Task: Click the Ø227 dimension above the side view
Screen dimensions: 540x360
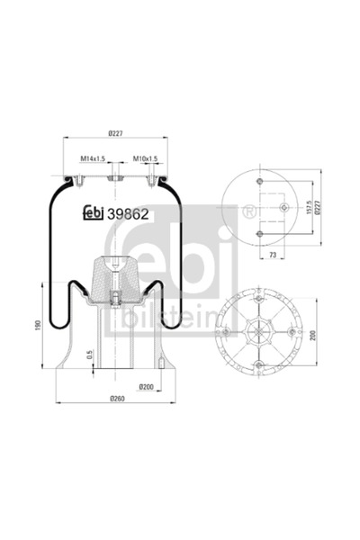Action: pos(115,133)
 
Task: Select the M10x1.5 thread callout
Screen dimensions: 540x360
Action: pos(146,158)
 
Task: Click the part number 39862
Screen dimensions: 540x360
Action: pos(128,213)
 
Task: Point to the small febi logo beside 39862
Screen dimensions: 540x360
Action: pos(94,213)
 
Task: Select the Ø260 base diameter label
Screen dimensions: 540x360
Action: pos(115,397)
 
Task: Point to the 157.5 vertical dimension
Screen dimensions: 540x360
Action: pos(309,209)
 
